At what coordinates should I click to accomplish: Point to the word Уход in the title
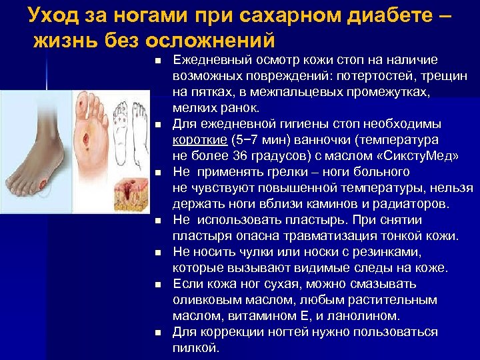pyautogui.click(x=54, y=14)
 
